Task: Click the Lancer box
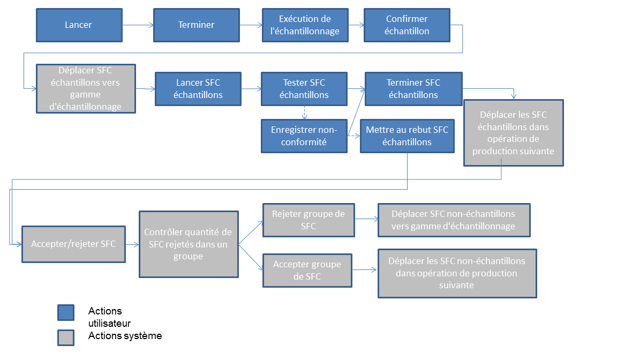tap(79, 25)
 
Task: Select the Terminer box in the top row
tap(197, 25)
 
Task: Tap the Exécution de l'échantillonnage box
tap(305, 25)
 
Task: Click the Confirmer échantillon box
tap(407, 25)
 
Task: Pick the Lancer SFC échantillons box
tap(198, 89)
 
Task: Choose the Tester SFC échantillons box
tap(304, 89)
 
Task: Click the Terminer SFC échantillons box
tap(413, 89)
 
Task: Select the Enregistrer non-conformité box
tap(304, 136)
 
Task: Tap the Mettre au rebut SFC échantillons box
tap(407, 136)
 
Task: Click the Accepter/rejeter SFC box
tap(73, 244)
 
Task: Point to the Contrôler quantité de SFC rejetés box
tap(189, 244)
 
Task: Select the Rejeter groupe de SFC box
tap(308, 220)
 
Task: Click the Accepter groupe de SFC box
tap(307, 271)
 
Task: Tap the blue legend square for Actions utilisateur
tap(66, 313)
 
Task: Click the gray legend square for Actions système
tap(66, 337)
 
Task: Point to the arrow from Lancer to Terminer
tap(138, 25)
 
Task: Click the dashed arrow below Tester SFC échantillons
tap(304, 112)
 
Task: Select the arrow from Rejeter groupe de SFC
tap(366, 219)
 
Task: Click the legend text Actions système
tap(125, 335)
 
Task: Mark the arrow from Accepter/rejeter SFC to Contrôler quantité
tap(132, 245)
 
